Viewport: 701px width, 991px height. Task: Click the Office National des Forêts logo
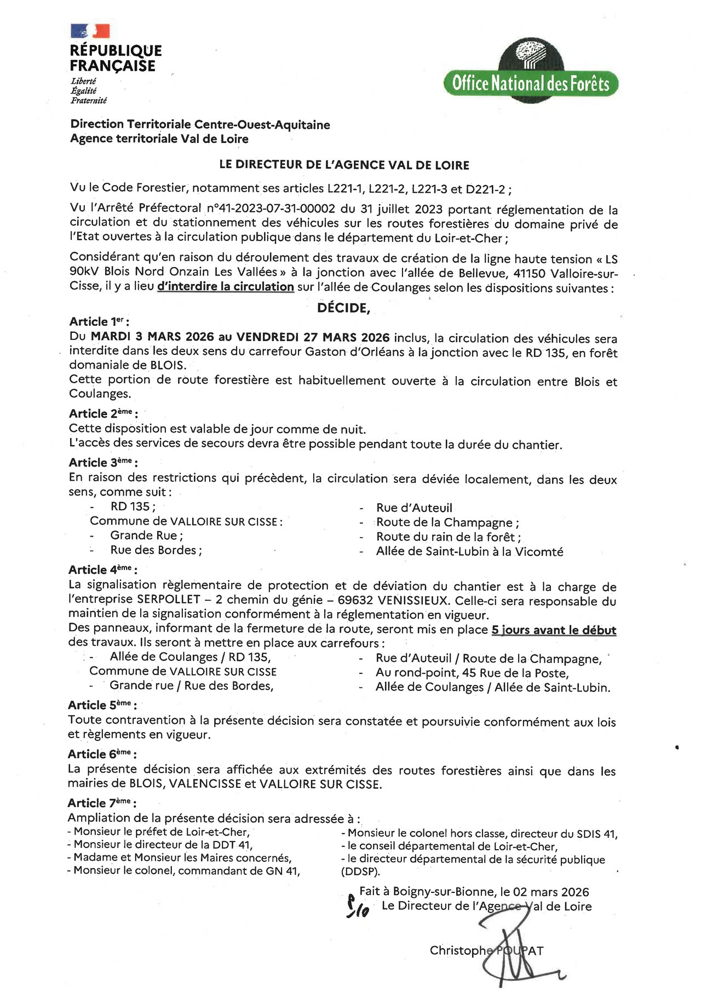(530, 71)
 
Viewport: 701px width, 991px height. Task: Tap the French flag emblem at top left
(90, 31)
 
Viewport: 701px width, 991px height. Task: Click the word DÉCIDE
(343, 308)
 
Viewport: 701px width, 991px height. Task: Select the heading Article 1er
(99, 321)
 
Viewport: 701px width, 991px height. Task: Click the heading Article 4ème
(102, 569)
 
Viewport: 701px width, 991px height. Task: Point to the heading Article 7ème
(101, 803)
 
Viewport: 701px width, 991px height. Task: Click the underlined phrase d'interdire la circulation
(226, 286)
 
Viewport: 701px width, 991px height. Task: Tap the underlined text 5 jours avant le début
(554, 630)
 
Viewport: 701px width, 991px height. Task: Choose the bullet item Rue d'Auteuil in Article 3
(414, 508)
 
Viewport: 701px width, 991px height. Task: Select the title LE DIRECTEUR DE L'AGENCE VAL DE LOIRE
(344, 165)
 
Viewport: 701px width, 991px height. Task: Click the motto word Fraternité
(89, 101)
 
